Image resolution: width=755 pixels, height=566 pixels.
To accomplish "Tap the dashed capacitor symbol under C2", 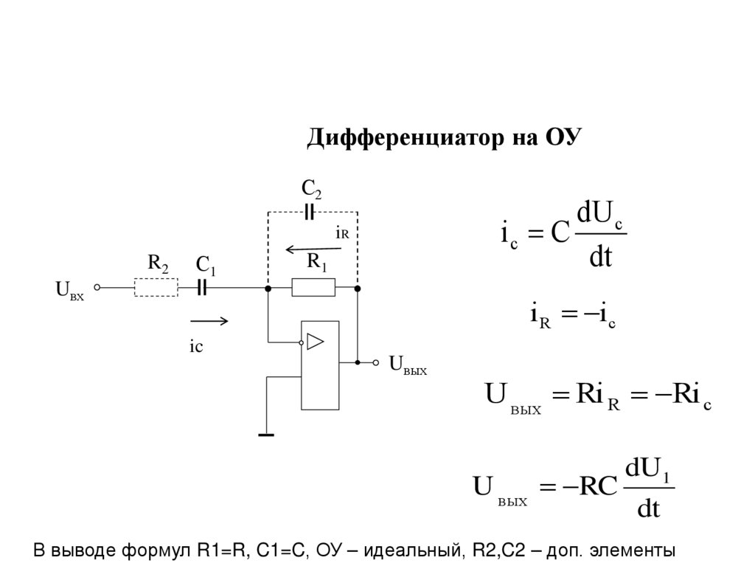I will pos(310,213).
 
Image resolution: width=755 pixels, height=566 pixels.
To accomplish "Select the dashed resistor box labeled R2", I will pos(156,287).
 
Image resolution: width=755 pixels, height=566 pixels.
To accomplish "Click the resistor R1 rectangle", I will pos(313,287).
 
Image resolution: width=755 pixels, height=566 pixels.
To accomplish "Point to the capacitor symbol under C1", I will pos(203,287).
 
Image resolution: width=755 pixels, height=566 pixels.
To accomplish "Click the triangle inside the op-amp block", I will pos(316,341).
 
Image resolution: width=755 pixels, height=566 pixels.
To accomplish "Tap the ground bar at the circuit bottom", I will pos(266,435).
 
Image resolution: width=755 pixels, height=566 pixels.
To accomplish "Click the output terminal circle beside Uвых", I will pos(375,362).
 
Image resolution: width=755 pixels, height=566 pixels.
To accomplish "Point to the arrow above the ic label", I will pos(209,321).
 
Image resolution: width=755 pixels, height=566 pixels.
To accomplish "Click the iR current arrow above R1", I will pos(310,249).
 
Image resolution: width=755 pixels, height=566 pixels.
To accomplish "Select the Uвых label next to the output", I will pos(408,364).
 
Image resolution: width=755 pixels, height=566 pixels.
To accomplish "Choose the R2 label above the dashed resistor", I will pos(158,263).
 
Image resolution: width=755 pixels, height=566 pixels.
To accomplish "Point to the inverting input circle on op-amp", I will pos(301,342).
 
